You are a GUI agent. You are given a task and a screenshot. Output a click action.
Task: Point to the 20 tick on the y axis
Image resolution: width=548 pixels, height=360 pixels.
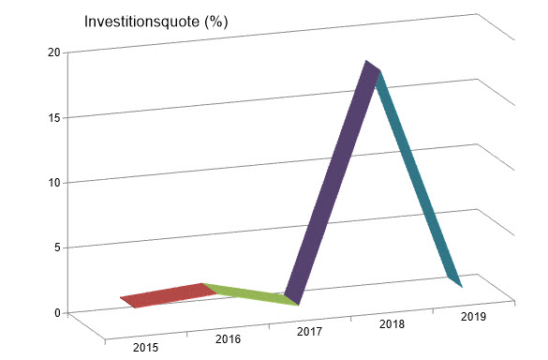[54, 52]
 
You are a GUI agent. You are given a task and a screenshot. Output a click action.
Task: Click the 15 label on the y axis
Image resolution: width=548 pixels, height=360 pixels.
[54, 117]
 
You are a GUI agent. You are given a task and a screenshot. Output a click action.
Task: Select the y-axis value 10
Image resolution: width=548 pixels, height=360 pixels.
[54, 182]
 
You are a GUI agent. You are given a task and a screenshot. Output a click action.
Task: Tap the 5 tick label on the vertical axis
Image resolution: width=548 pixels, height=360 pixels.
[57, 247]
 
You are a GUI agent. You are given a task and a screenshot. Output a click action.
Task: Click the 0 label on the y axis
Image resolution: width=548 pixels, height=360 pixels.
[57, 312]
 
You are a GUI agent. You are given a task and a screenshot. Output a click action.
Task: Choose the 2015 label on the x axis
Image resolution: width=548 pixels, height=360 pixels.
[145, 349]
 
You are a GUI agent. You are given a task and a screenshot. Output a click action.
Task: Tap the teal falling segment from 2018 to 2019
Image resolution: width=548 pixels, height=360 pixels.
[418, 178]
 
